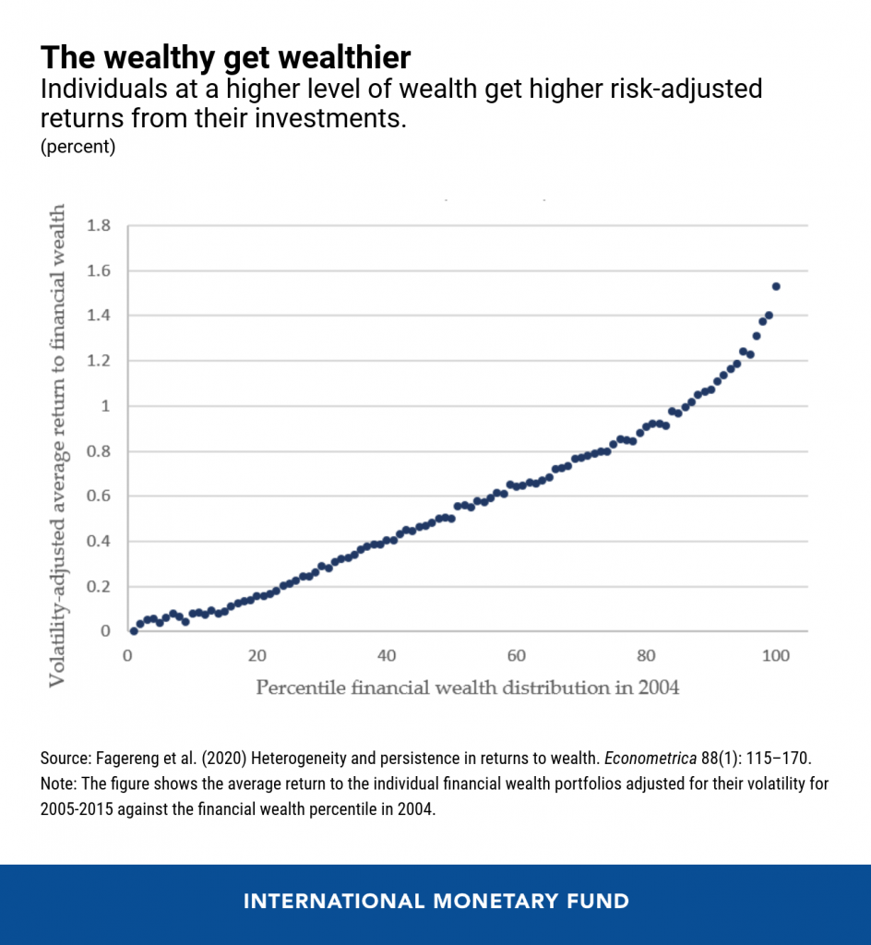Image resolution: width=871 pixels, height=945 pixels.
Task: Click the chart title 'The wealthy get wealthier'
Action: [225, 58]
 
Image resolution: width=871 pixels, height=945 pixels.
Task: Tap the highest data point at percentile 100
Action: [776, 286]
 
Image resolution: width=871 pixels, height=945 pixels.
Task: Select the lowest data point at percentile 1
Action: [134, 631]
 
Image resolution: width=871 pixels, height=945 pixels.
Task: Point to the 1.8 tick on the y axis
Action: [99, 226]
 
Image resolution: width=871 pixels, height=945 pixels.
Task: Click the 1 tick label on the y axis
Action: [105, 406]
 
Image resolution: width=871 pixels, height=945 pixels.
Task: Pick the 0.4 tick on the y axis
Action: [99, 542]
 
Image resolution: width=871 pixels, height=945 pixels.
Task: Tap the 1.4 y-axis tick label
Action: [99, 317]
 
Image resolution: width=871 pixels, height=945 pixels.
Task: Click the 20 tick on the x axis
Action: [257, 656]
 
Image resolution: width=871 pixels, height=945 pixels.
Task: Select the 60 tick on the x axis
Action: [517, 656]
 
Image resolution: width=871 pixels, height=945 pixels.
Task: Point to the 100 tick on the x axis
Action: [776, 656]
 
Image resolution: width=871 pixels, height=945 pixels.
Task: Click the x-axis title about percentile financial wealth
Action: [467, 688]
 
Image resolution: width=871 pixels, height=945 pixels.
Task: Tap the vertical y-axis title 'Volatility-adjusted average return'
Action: [57, 446]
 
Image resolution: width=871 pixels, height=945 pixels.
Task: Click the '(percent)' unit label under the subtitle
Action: [78, 148]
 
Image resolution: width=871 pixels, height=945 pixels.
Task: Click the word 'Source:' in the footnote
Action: [66, 758]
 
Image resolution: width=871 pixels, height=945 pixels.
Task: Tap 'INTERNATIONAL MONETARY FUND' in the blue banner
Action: [435, 901]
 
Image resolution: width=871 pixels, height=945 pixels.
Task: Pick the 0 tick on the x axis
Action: [127, 656]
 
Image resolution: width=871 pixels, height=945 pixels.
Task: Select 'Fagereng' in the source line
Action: [128, 758]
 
